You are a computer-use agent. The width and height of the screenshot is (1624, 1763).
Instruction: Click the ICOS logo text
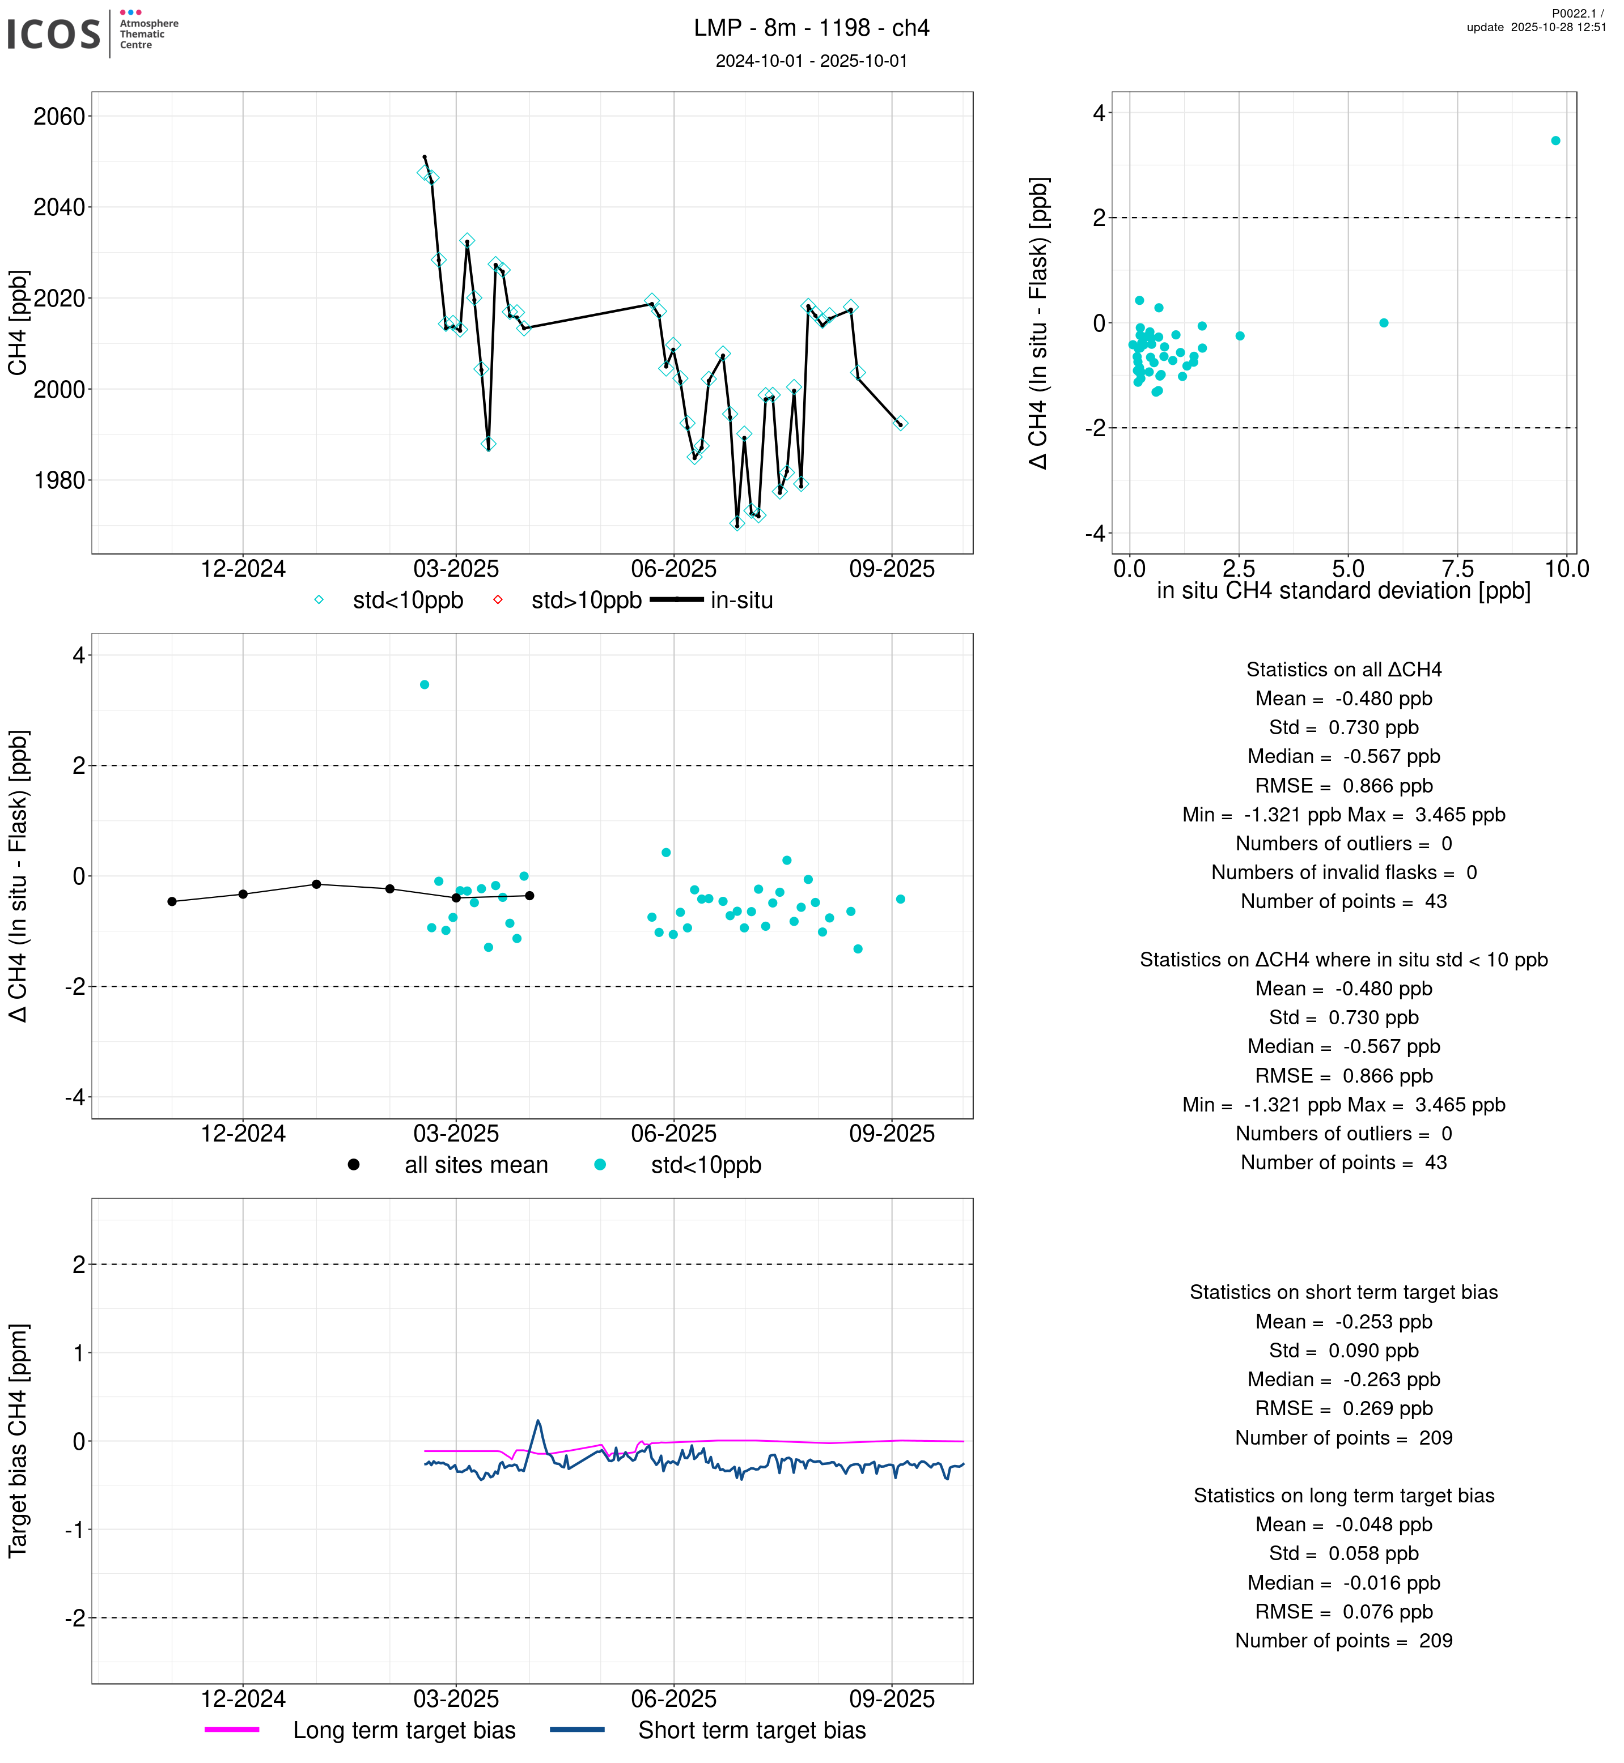(53, 34)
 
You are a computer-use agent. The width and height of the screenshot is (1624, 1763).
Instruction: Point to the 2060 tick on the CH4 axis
(59, 117)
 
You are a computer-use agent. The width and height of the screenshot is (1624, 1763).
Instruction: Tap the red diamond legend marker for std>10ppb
(497, 600)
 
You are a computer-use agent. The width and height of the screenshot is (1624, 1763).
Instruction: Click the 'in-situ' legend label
(741, 601)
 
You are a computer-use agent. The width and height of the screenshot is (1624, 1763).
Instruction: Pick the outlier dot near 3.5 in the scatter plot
(1555, 140)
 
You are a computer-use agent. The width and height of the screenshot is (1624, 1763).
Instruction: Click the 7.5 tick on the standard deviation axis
(1457, 569)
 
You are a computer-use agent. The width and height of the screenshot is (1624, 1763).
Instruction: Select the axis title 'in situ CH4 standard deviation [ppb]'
(1343, 591)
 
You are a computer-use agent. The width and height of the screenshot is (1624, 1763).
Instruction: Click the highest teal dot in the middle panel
(425, 684)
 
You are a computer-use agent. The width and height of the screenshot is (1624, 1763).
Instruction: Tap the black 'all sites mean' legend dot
(353, 1165)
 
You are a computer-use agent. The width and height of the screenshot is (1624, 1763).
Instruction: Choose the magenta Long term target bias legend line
(232, 1729)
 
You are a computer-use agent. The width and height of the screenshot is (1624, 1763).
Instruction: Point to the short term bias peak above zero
(538, 1420)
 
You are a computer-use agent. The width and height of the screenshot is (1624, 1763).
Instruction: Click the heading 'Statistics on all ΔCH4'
(1343, 670)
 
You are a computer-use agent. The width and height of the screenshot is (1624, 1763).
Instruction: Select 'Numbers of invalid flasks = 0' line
(1343, 872)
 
